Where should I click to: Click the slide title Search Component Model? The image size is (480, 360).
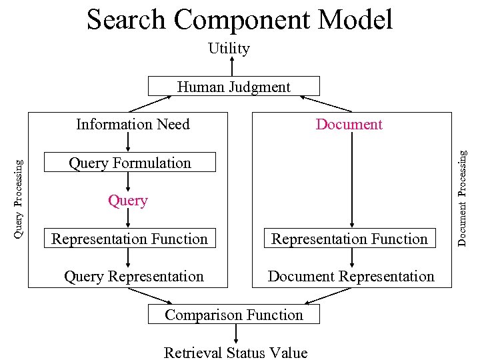(239, 19)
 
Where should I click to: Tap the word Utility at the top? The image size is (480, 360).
(229, 48)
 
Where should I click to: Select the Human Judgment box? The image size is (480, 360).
(233, 87)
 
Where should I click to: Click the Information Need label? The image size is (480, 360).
(133, 124)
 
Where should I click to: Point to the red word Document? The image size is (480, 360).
(349, 124)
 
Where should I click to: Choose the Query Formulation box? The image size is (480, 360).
(130, 163)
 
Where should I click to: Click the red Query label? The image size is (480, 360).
(128, 201)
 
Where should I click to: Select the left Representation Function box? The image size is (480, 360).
(130, 239)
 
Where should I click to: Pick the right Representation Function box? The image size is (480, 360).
(349, 239)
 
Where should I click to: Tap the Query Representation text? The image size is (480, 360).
(133, 276)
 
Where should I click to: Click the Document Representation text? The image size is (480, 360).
(351, 276)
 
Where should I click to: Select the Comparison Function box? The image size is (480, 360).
(233, 315)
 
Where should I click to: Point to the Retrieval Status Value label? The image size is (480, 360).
(235, 353)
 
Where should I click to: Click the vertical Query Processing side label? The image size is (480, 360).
(19, 198)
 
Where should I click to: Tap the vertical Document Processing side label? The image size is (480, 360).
(461, 197)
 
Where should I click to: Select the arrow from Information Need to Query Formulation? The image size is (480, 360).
(129, 143)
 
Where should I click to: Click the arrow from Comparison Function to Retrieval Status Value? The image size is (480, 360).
(234, 333)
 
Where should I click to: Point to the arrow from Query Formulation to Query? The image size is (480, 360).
(129, 181)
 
